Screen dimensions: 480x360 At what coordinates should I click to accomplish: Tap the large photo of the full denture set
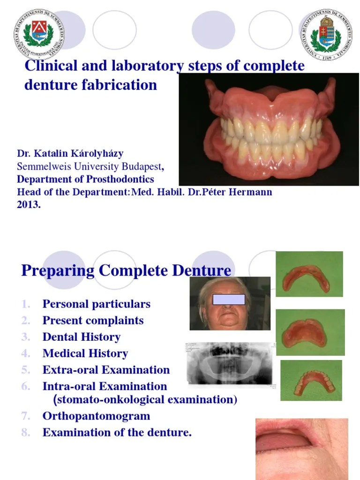click(269, 129)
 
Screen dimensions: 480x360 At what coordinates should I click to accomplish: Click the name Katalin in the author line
click(54, 154)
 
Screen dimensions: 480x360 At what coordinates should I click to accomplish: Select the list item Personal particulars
click(96, 304)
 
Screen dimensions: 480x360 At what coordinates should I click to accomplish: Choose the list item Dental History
click(81, 337)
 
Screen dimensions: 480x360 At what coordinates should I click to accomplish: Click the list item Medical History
click(85, 353)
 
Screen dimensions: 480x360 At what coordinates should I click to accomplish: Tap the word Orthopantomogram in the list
click(96, 416)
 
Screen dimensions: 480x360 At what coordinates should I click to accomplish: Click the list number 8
click(26, 433)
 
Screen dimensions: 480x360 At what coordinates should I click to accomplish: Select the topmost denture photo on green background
click(309, 274)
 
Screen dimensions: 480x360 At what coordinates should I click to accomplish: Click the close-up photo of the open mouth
click(301, 449)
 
